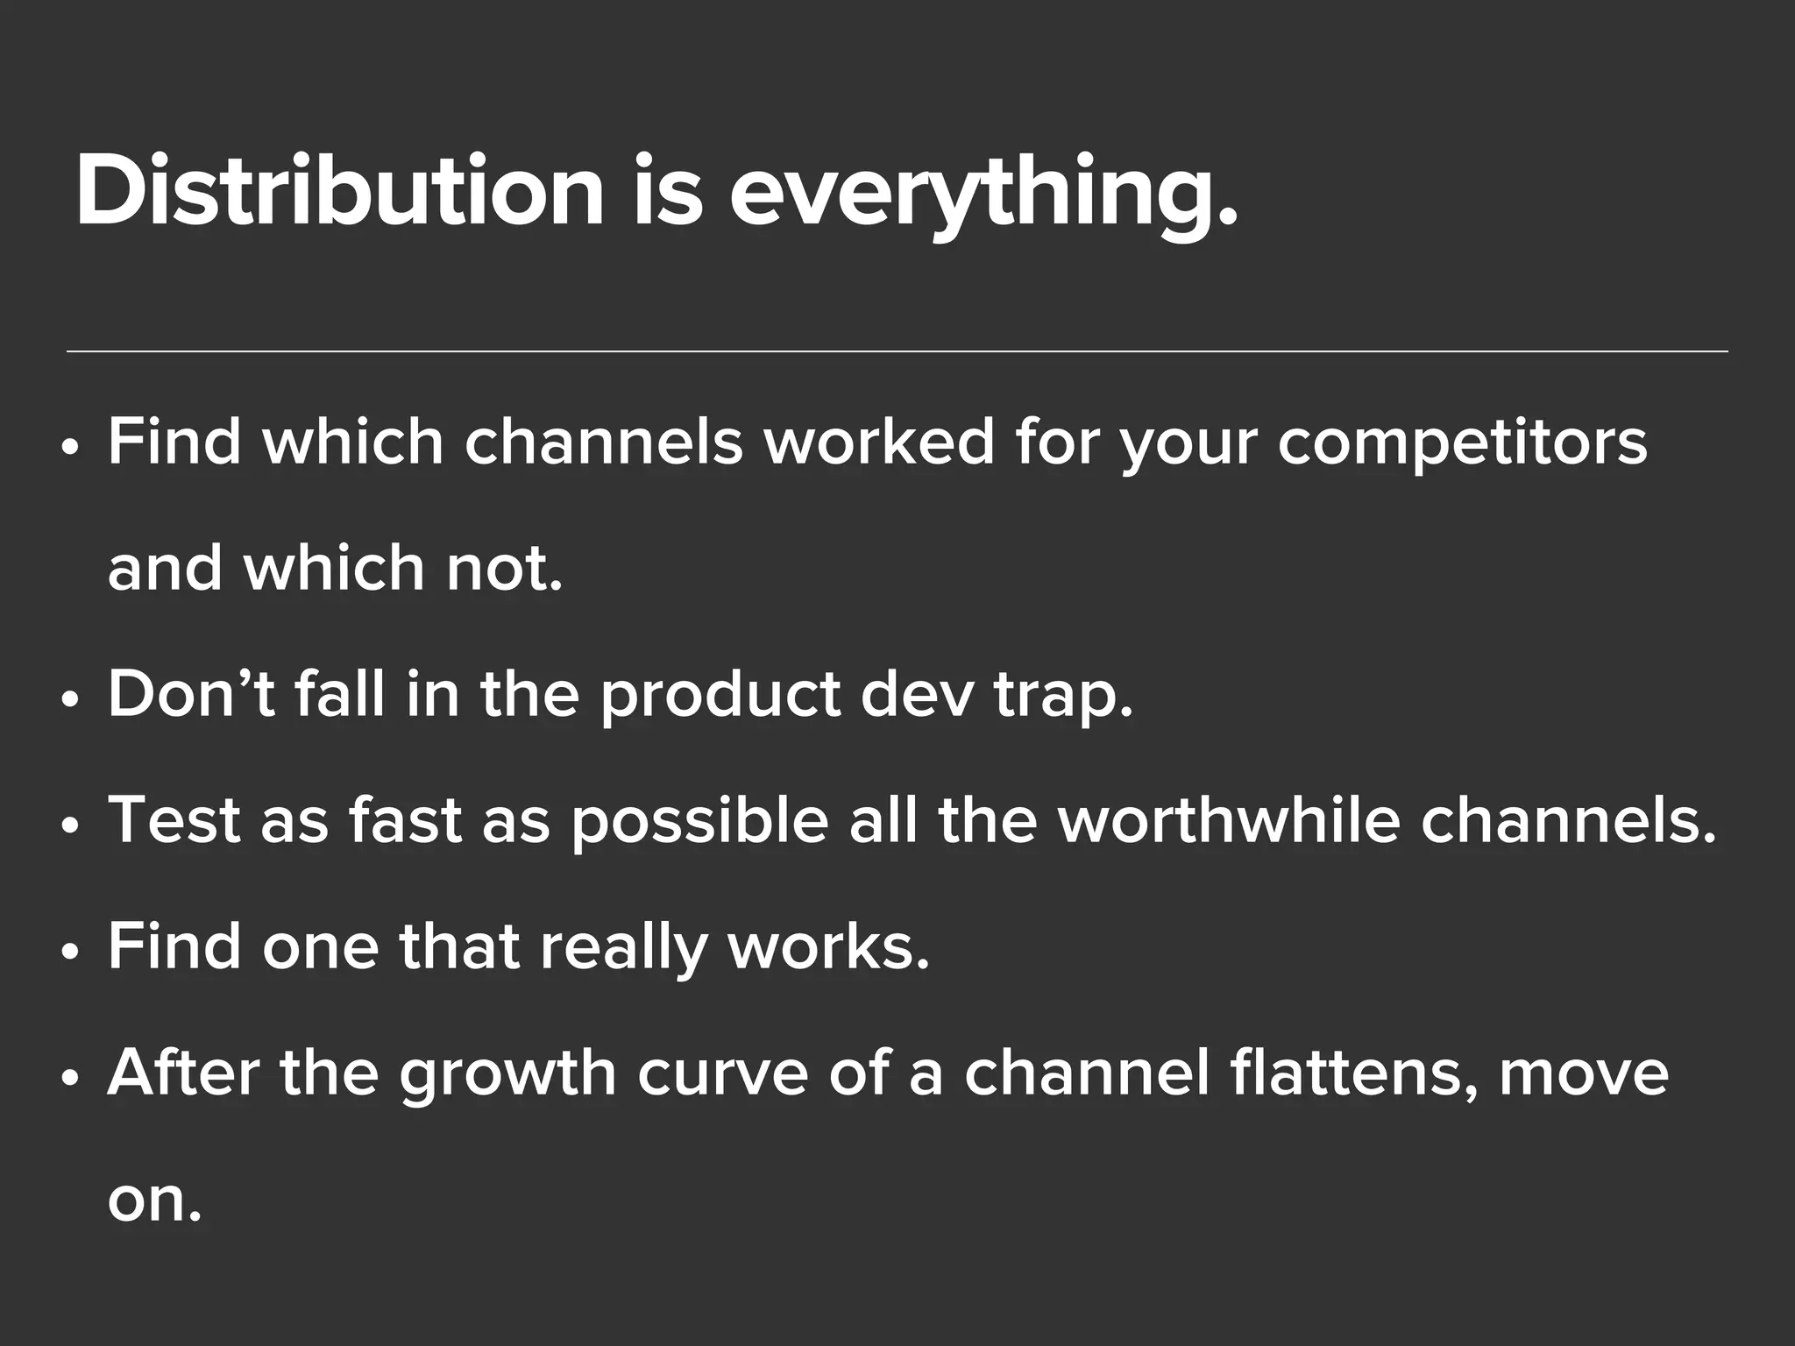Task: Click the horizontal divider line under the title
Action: [x=897, y=351]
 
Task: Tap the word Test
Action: [x=174, y=821]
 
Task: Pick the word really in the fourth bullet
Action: [x=623, y=949]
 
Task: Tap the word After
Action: [x=182, y=1073]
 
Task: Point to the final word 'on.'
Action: [x=154, y=1200]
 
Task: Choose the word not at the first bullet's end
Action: [x=504, y=569]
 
